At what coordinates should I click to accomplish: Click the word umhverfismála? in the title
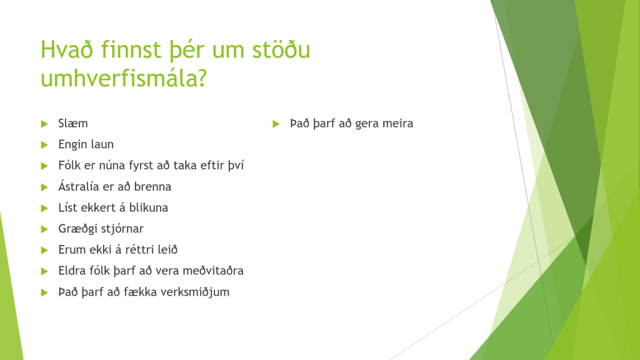click(124, 78)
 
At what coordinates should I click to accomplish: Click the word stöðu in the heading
click(281, 49)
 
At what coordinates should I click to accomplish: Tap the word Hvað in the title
click(67, 49)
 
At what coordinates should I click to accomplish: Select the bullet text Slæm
click(73, 123)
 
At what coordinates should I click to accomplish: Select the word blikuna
click(149, 207)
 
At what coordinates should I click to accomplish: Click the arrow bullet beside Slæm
click(44, 124)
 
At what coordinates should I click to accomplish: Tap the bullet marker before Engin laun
click(44, 145)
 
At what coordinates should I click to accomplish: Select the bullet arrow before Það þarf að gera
click(276, 124)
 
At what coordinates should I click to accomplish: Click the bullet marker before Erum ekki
click(44, 250)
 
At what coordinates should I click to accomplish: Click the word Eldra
click(71, 271)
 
